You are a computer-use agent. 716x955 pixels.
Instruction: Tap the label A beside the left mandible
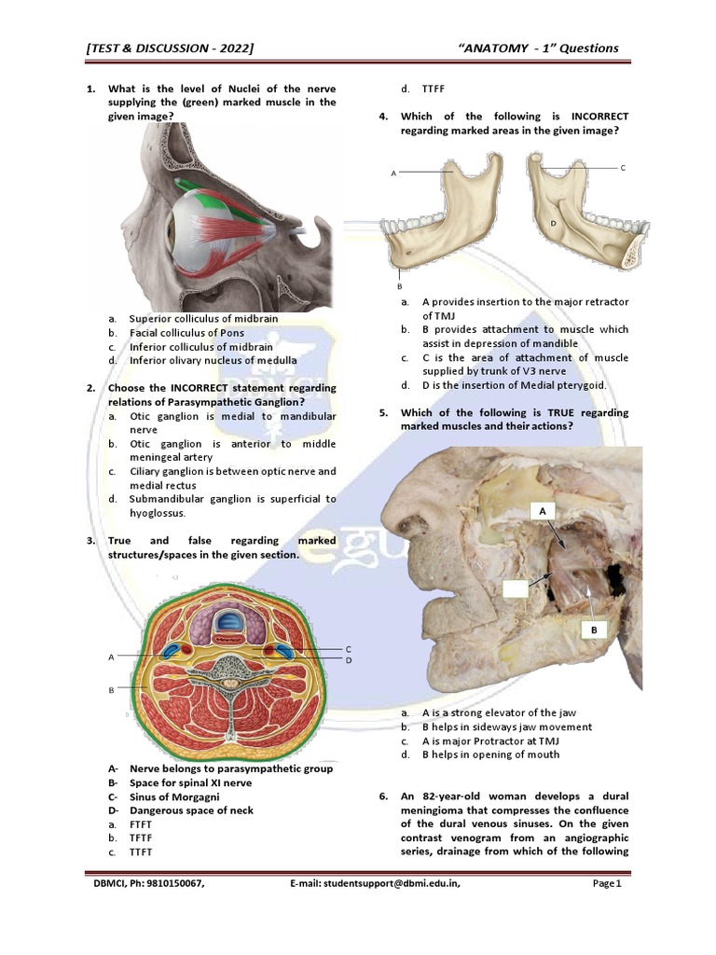394,173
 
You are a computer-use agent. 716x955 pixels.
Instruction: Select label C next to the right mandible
622,168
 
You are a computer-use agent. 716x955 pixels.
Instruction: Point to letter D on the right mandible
553,224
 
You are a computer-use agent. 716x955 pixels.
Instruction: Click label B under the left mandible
400,285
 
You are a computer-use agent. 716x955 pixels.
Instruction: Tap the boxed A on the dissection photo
542,511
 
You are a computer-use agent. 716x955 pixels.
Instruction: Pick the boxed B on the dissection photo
593,630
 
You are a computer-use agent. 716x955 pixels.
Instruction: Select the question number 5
383,412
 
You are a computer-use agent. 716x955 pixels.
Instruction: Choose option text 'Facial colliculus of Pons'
186,332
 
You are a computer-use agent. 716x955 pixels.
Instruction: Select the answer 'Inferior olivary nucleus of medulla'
213,360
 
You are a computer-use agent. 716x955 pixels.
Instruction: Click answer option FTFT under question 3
141,824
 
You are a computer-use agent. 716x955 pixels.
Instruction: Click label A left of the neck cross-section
110,657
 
